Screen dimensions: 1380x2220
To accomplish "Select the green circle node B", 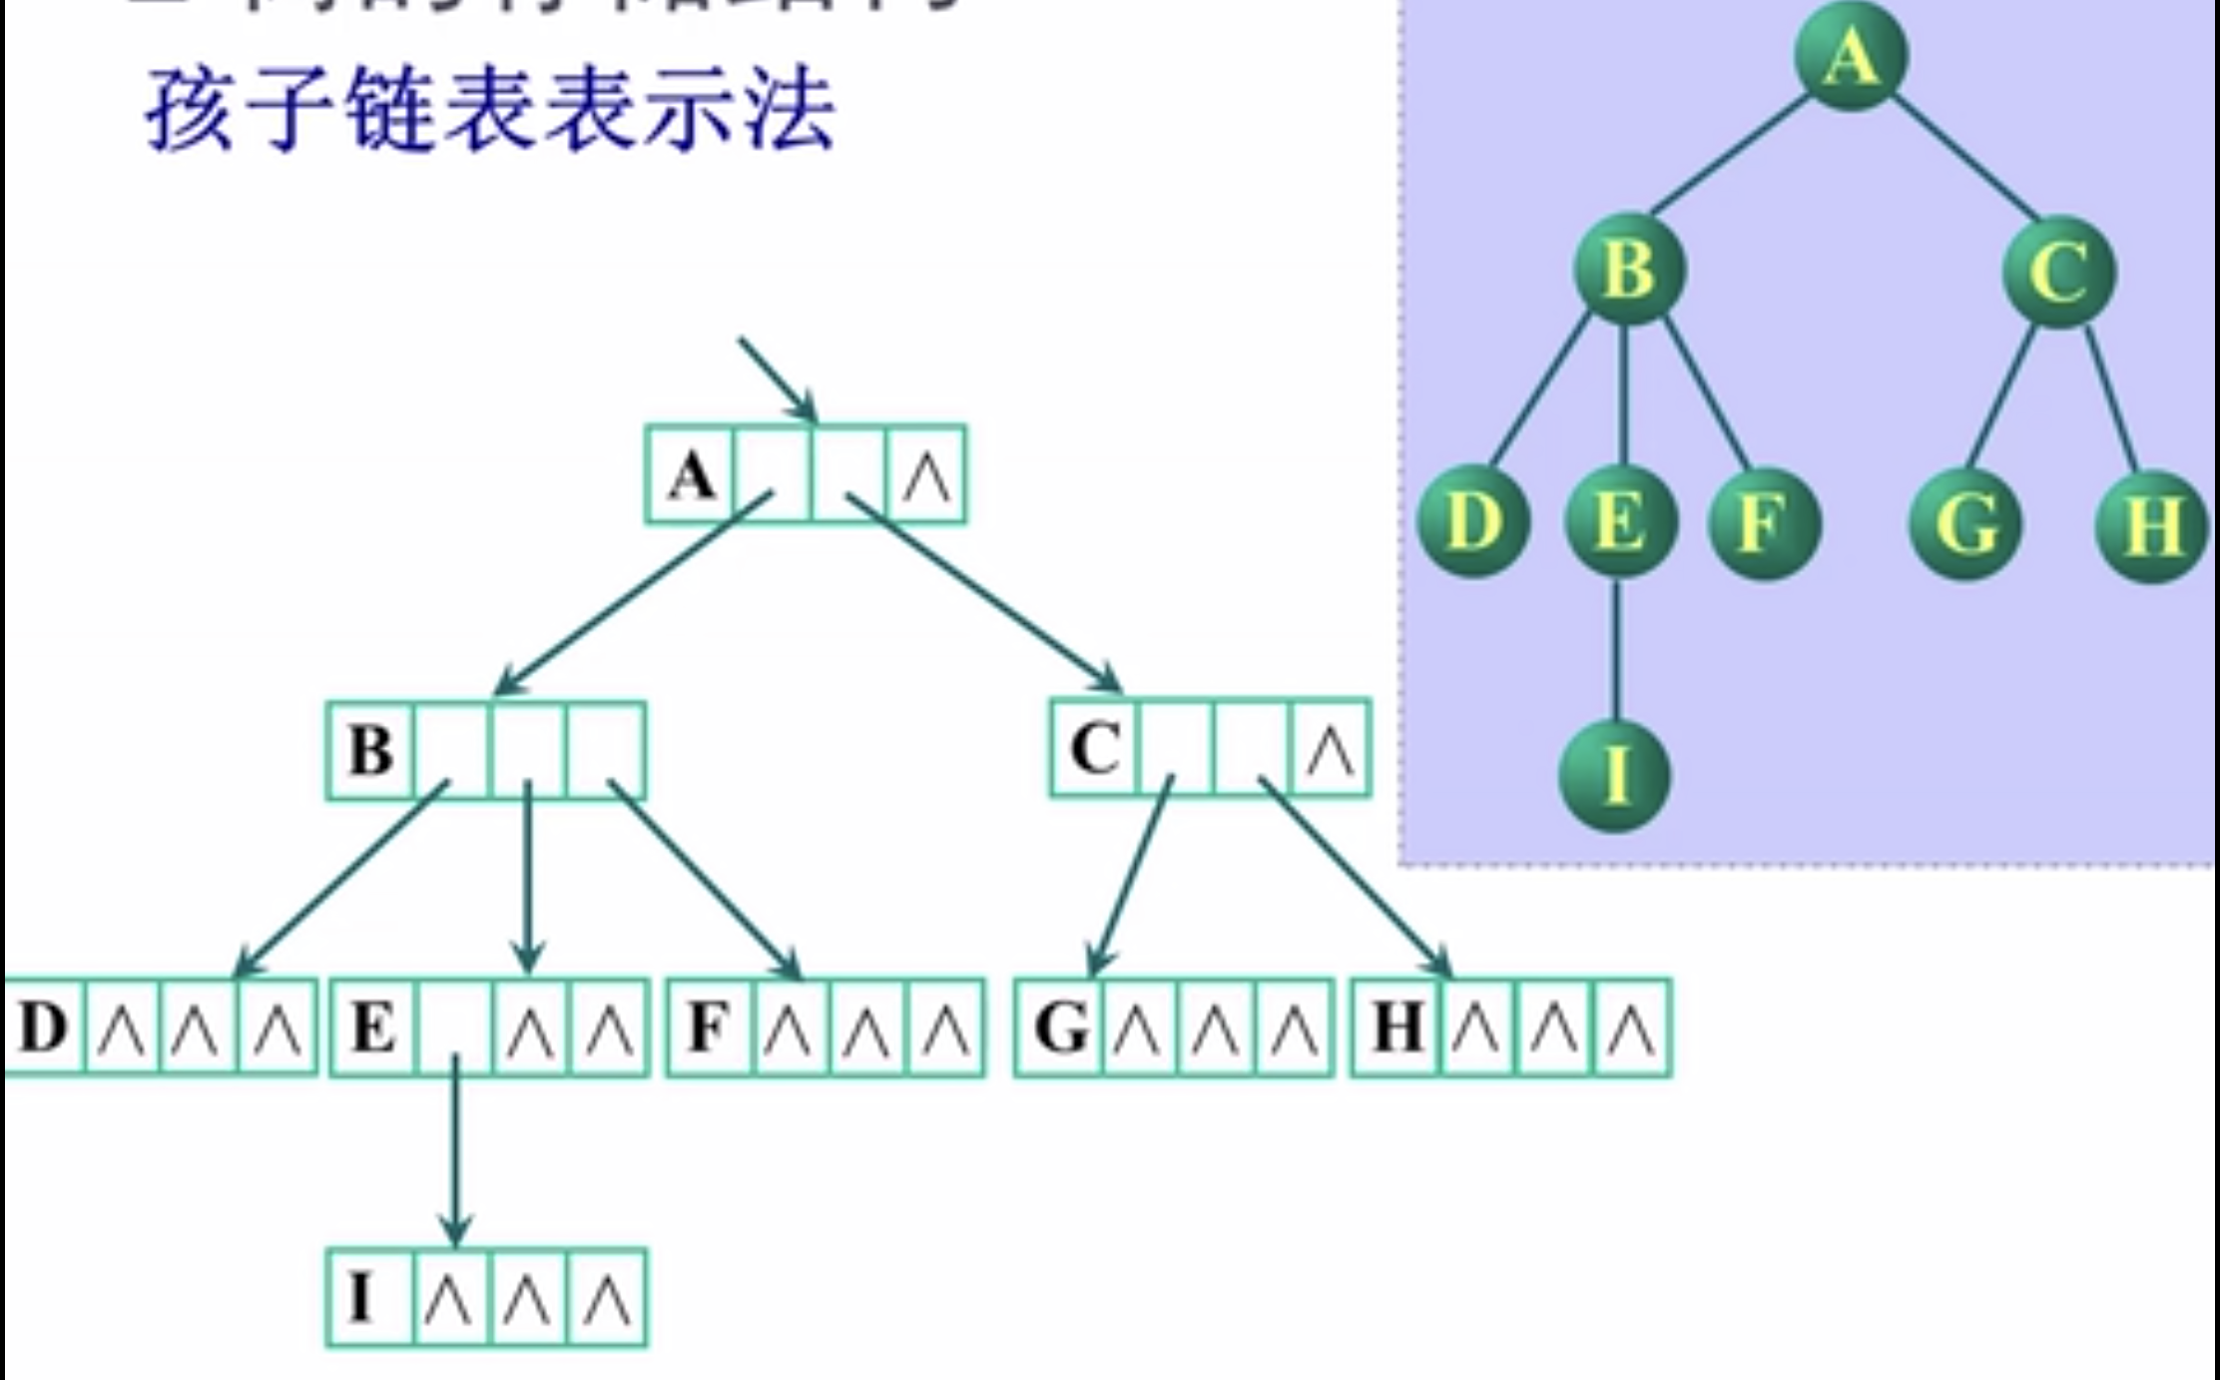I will [1629, 270].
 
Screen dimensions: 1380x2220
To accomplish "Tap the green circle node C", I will [2058, 272].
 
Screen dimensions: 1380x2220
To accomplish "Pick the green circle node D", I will [1473, 522].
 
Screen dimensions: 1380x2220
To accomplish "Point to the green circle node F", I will [1764, 523].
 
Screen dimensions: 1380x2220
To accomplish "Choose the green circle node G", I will [1964, 525].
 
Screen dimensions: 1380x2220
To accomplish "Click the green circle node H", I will [2151, 526].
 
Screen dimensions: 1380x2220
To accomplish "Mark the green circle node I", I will [1614, 776].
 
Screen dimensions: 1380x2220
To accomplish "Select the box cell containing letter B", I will [370, 750].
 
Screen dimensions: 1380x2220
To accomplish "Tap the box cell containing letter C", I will [1095, 748].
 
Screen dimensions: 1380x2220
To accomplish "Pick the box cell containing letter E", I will [373, 1028].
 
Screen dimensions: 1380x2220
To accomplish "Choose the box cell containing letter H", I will [1397, 1028].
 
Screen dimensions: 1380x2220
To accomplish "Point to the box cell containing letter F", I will [708, 1028].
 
